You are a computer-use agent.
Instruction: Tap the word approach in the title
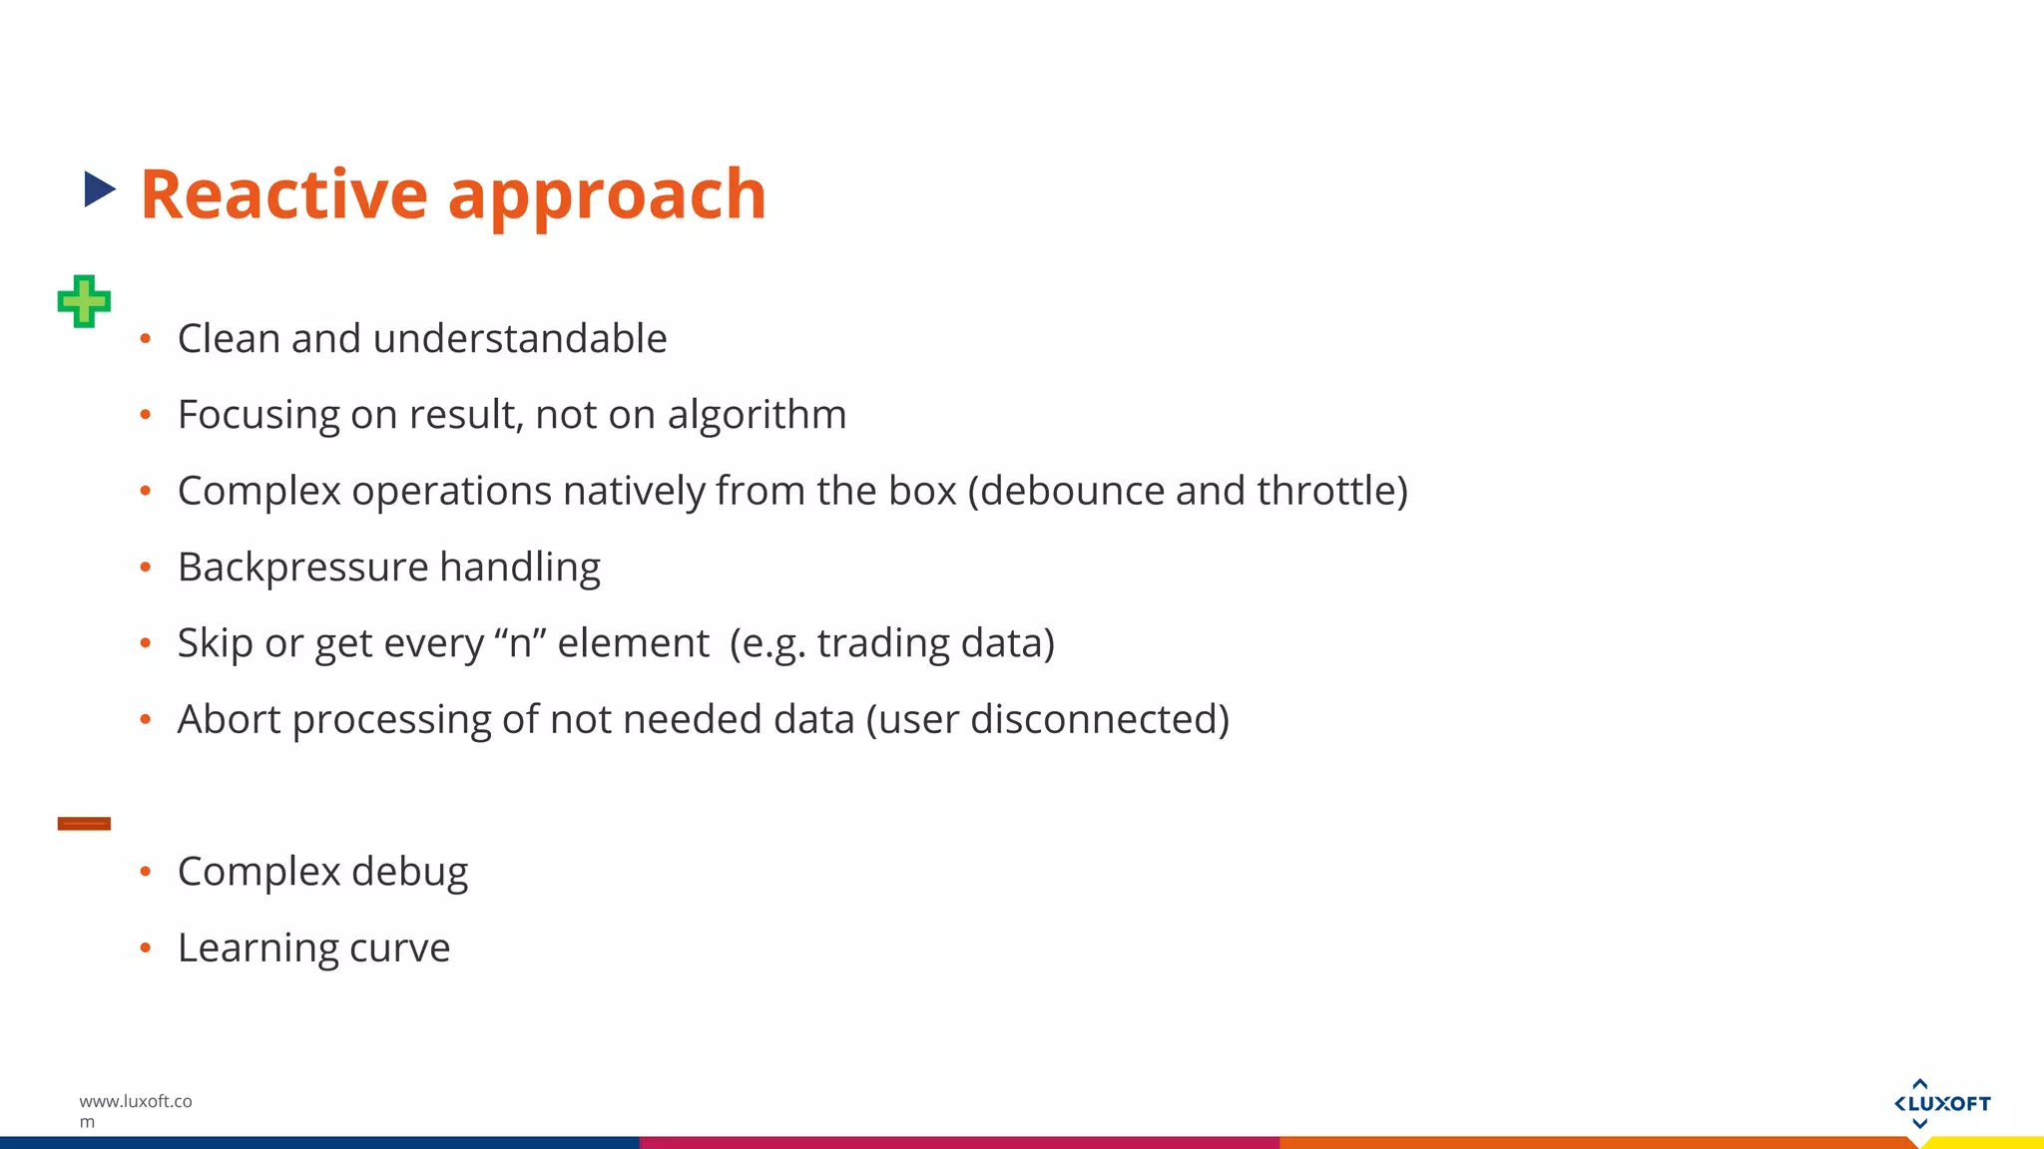[x=607, y=196]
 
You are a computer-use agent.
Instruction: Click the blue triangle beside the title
[x=99, y=190]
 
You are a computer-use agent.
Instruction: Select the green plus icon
[x=84, y=301]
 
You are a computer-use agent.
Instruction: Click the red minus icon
[x=84, y=823]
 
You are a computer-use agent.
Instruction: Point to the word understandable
[x=520, y=339]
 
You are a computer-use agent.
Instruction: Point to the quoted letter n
[x=520, y=643]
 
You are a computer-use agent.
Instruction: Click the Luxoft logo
[x=1941, y=1103]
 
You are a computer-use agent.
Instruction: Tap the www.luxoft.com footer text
[x=135, y=1110]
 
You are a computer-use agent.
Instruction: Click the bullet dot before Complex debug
[x=146, y=872]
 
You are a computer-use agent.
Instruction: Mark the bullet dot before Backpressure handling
[x=146, y=568]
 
